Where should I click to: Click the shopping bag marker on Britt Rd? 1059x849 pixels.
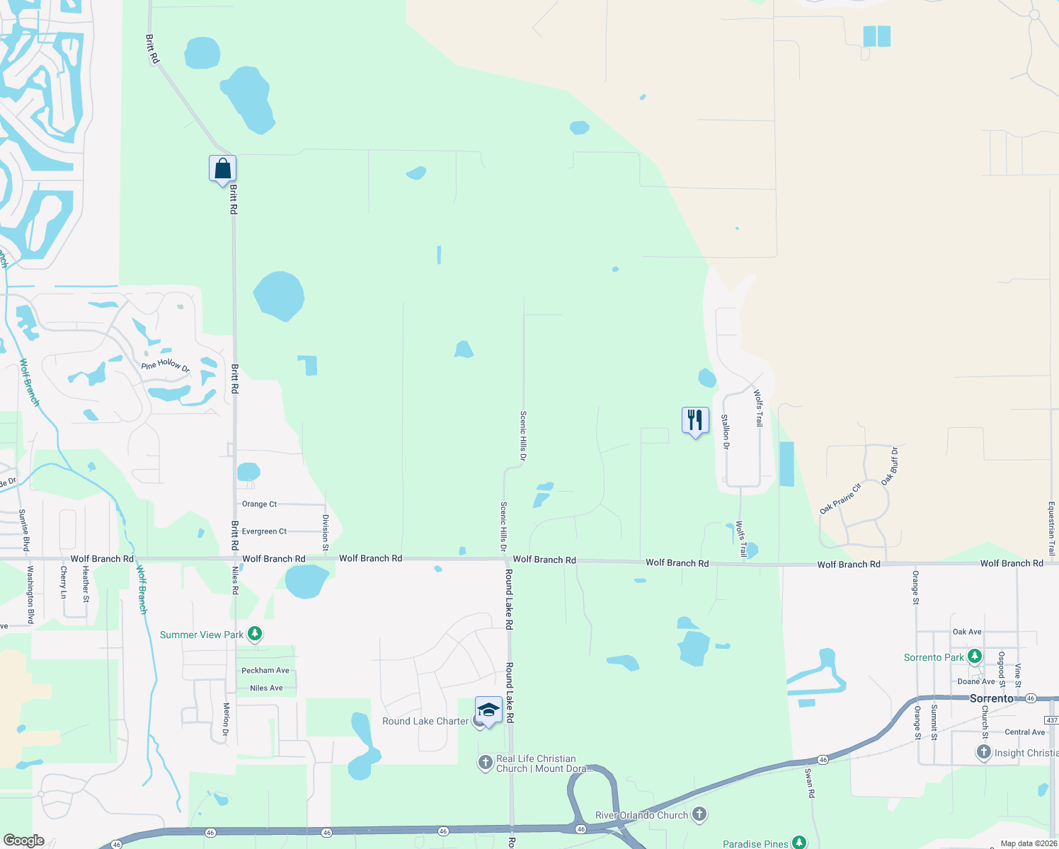(x=222, y=170)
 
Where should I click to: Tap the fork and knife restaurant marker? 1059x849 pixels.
(x=695, y=421)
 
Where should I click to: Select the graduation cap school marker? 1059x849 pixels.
(x=488, y=710)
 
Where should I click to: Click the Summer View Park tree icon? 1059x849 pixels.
(x=255, y=634)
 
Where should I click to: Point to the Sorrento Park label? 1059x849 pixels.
(x=933, y=657)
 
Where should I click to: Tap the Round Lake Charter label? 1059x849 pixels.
(x=425, y=721)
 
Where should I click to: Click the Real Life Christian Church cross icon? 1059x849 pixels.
(x=486, y=762)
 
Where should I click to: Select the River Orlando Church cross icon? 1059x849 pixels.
(x=699, y=814)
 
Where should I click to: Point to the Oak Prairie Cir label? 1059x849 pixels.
(x=840, y=498)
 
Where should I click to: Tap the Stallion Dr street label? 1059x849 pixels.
(x=726, y=432)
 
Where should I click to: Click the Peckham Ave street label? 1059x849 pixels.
(x=265, y=670)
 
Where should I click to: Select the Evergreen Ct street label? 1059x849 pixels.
(x=264, y=531)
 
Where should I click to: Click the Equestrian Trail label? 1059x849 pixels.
(x=1051, y=529)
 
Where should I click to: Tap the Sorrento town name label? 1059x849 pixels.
(x=992, y=698)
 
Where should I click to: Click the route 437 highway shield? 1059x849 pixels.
(x=1052, y=720)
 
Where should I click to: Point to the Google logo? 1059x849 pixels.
(x=23, y=841)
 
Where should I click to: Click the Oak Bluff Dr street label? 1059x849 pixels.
(x=890, y=466)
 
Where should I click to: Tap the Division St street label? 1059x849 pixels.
(x=326, y=532)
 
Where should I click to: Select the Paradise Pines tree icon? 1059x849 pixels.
(x=799, y=842)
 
